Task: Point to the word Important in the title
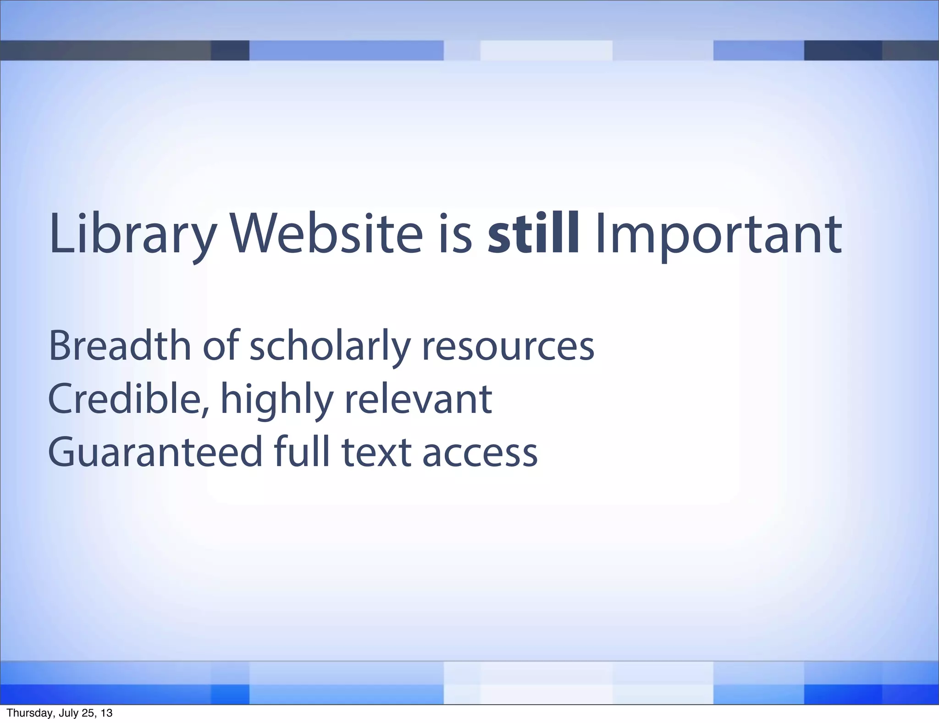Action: [x=718, y=235]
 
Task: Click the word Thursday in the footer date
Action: [x=25, y=713]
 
